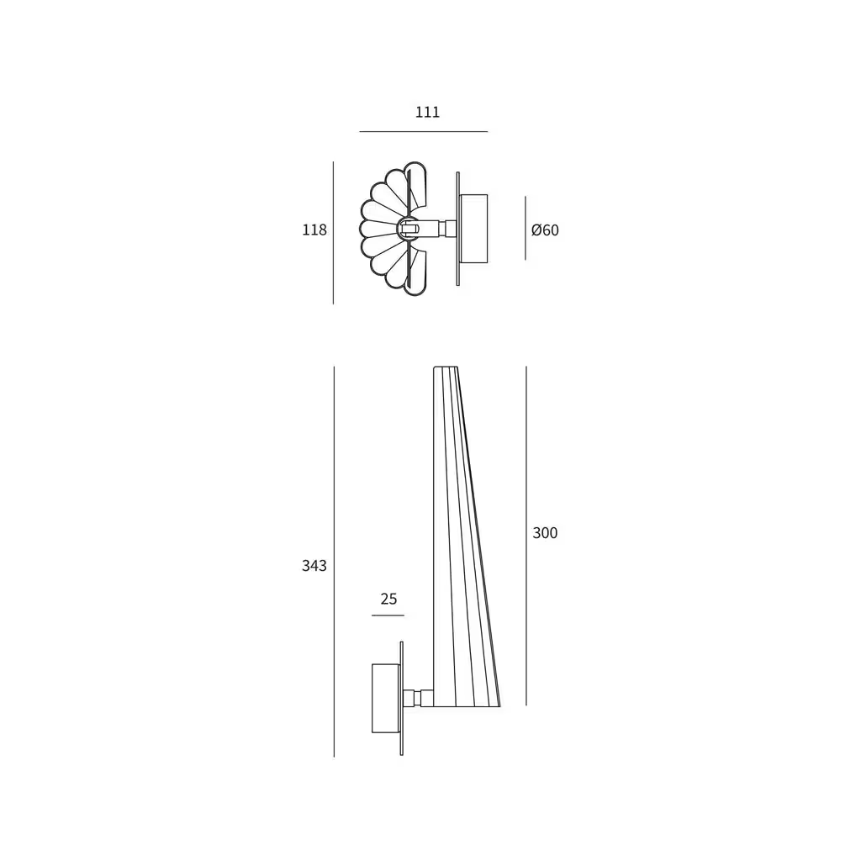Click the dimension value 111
click(x=427, y=112)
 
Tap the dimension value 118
click(x=314, y=230)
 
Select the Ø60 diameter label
click(x=545, y=230)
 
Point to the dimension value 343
click(x=314, y=566)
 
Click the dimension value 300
click(x=545, y=532)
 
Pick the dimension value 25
click(x=388, y=599)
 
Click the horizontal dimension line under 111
click(x=424, y=132)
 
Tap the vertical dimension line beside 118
click(x=333, y=233)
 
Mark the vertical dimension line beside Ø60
click(x=526, y=228)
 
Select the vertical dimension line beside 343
click(x=334, y=562)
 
